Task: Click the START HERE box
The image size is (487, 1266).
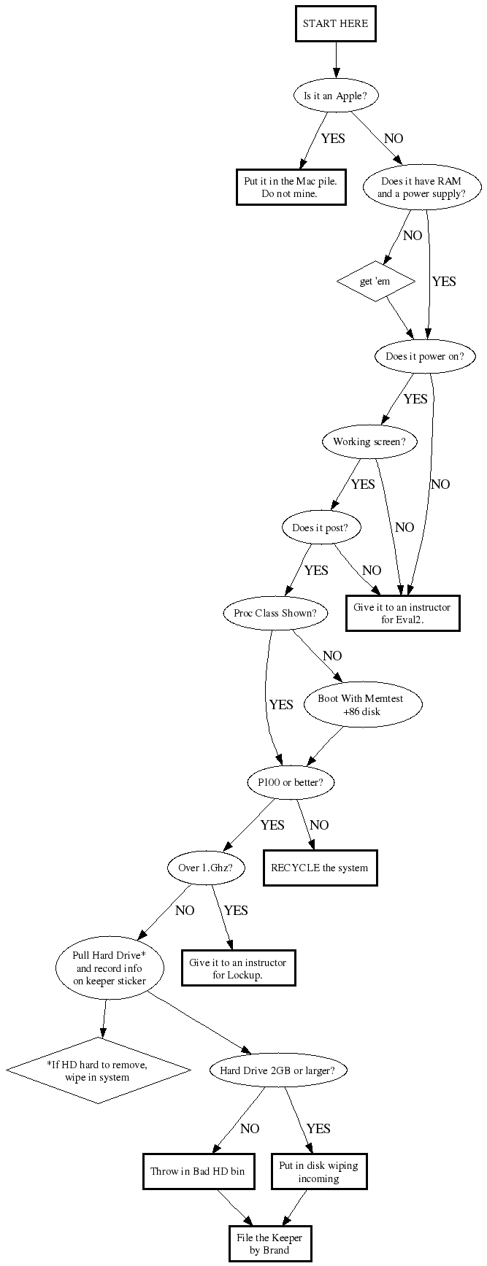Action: click(x=336, y=24)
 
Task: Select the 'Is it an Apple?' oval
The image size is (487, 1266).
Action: click(x=336, y=96)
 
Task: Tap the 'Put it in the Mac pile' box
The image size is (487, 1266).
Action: click(x=289, y=188)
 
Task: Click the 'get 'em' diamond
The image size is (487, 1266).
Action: click(x=376, y=282)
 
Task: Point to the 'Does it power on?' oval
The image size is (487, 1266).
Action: click(x=424, y=357)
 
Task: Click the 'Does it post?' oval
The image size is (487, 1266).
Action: click(x=321, y=528)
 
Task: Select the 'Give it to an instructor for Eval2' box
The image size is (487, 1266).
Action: click(x=402, y=613)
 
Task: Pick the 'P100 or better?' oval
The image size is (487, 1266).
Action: click(x=291, y=783)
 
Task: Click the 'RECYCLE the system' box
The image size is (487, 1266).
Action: click(x=320, y=868)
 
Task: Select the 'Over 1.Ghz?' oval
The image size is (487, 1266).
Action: click(x=206, y=868)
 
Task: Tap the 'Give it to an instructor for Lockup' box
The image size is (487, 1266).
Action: click(x=238, y=968)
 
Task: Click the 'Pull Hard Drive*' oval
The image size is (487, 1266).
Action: click(x=110, y=968)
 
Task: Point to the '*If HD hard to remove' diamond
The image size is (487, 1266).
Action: click(x=99, y=1070)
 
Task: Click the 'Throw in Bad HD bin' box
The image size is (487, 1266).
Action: click(x=197, y=1171)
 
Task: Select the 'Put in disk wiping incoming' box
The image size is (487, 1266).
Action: click(x=318, y=1171)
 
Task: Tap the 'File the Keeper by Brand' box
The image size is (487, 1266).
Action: click(x=269, y=1243)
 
